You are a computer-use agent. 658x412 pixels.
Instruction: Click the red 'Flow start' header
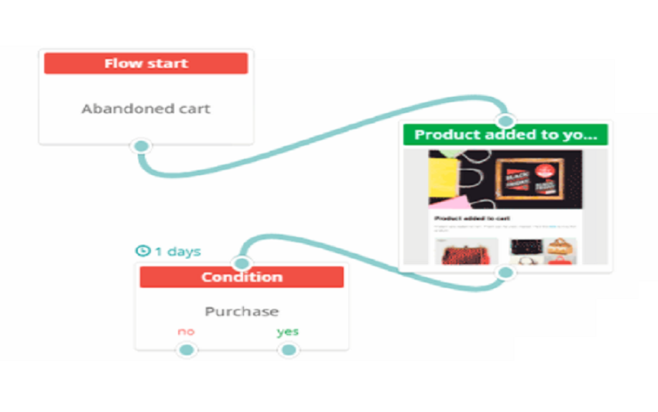coord(146,64)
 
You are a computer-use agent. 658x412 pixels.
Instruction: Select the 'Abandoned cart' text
coord(146,108)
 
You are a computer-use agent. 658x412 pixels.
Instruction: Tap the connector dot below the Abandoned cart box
coord(141,146)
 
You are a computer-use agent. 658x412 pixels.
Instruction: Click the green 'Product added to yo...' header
coord(505,134)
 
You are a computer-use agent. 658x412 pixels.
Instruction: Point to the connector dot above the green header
coord(505,120)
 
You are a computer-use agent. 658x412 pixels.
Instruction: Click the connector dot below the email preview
coord(505,273)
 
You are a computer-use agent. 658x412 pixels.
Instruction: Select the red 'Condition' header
coord(241,277)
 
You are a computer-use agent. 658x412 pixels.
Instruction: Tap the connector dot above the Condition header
coord(242,263)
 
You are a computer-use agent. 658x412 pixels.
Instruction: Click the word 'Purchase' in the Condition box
coord(242,311)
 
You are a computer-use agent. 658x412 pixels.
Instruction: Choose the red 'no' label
coord(186,331)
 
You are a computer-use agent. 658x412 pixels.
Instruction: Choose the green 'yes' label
coord(288,331)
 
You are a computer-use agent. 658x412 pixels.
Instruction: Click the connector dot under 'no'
coord(186,350)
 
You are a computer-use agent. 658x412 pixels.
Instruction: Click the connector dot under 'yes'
coord(288,350)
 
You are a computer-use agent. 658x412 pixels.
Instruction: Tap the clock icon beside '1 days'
coord(142,251)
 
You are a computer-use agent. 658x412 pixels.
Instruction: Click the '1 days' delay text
coord(177,251)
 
